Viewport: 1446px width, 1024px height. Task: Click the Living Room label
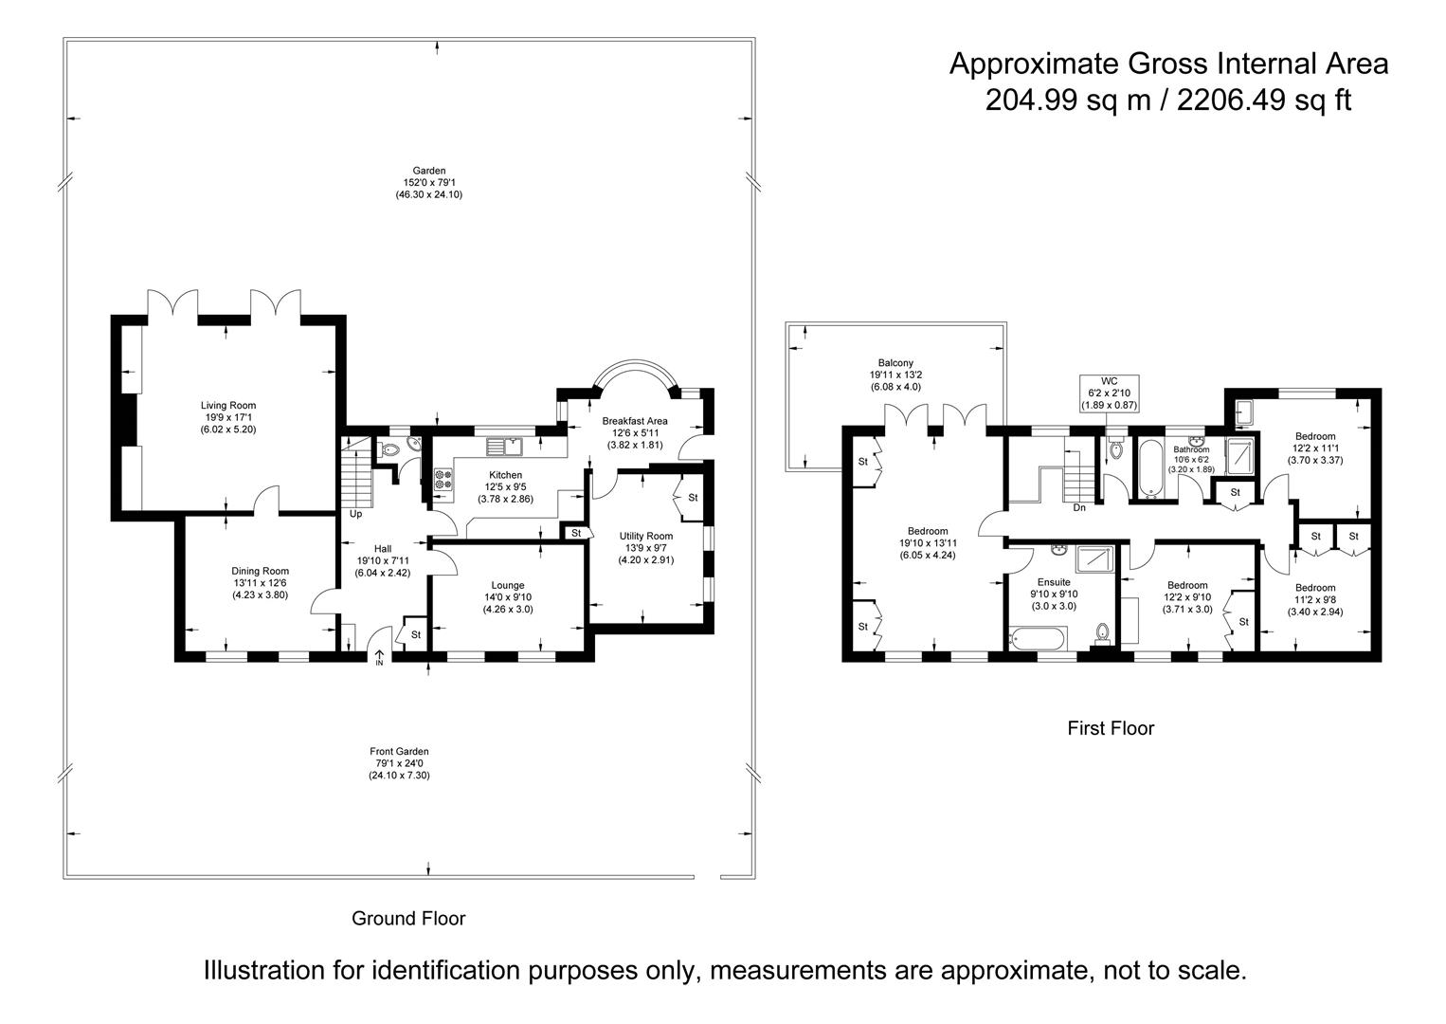point(228,406)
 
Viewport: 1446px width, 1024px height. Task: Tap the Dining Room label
point(260,571)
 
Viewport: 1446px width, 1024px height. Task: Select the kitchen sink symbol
point(504,445)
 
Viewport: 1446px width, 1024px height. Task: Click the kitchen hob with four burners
point(443,479)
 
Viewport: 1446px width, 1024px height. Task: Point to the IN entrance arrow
point(379,656)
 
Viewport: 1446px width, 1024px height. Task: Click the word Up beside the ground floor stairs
point(355,515)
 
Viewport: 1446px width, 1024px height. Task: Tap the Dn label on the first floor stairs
point(1078,508)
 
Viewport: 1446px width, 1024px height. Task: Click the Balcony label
point(895,363)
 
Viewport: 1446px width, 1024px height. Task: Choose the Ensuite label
point(1054,582)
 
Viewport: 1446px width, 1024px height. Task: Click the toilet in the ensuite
point(1102,632)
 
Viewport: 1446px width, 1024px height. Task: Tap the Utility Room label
point(646,537)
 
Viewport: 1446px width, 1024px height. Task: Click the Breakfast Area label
point(635,421)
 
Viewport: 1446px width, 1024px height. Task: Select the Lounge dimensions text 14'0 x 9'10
point(508,597)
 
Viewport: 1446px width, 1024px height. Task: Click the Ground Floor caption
point(408,918)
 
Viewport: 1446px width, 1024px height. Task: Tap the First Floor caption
point(1111,728)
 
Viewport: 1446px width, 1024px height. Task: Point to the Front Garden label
point(399,752)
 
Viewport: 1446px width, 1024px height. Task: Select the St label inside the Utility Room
point(693,498)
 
